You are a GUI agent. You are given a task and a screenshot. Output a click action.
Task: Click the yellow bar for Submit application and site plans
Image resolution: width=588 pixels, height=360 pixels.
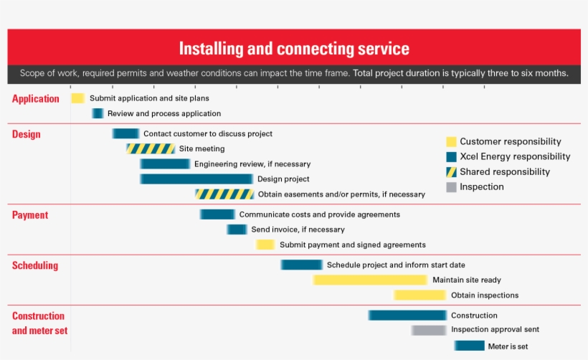coord(77,98)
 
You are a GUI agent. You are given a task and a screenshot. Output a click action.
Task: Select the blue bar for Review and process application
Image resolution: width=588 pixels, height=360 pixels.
coord(98,113)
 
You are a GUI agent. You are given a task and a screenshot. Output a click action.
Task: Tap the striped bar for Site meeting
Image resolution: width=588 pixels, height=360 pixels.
coord(151,148)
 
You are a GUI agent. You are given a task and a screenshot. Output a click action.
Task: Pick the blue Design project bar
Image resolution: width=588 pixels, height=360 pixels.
coord(196,179)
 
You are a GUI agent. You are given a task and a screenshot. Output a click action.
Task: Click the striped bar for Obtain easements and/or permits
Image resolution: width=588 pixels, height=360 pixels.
coord(224,194)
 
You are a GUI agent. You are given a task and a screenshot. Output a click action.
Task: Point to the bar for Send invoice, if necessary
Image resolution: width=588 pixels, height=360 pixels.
coord(237,229)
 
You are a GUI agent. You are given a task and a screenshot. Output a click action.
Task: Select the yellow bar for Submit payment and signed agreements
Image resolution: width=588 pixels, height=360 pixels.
coord(265,245)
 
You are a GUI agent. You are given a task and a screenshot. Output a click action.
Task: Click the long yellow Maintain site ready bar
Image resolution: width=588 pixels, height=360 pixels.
coord(370,280)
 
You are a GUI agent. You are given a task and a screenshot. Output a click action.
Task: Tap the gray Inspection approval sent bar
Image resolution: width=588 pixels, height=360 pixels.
coord(429,330)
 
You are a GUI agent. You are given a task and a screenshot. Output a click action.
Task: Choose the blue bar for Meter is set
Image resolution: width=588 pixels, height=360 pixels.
coord(469,346)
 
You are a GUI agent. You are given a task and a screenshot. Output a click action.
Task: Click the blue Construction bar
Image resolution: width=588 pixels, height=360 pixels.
coord(407,315)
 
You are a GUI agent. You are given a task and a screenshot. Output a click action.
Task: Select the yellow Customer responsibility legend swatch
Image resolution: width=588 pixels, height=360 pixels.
coord(451,142)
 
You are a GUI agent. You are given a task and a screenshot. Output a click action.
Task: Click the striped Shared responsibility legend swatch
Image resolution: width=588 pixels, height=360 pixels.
coord(451,172)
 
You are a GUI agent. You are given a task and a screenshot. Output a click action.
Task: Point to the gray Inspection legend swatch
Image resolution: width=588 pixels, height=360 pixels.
coord(451,187)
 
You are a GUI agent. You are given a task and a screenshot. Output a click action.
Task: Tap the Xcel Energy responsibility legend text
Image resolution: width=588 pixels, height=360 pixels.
coord(515,157)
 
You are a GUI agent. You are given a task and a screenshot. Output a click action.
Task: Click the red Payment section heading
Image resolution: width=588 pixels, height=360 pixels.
coord(30,215)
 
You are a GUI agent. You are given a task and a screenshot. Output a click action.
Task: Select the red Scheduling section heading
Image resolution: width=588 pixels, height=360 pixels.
coord(35,265)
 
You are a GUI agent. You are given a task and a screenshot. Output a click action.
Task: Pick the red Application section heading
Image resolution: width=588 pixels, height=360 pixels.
coord(36,99)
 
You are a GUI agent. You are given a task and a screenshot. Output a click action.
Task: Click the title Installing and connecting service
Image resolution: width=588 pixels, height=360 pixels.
coord(294,49)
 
